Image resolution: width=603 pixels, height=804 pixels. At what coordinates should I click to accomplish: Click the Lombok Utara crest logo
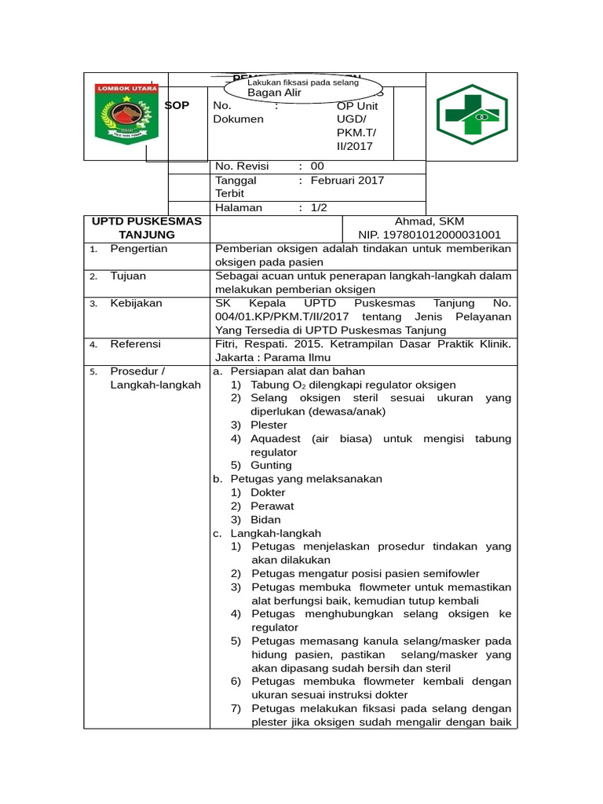click(126, 115)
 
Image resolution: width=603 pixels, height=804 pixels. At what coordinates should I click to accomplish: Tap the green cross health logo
click(472, 115)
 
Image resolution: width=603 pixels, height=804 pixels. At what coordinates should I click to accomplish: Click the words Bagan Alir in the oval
click(274, 93)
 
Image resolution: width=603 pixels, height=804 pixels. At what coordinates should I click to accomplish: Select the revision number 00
click(317, 166)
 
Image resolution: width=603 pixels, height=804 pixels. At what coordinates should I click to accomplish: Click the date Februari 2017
click(347, 181)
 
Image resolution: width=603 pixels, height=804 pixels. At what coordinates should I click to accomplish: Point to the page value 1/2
click(319, 208)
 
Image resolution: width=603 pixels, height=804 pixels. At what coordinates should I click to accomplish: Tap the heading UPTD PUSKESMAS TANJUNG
click(147, 228)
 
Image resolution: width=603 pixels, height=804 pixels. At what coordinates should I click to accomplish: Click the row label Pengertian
click(139, 249)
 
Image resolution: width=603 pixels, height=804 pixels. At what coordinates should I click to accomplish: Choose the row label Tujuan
click(128, 276)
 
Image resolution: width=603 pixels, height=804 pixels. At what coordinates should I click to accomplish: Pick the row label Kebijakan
click(136, 303)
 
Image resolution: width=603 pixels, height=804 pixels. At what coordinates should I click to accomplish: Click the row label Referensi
click(135, 344)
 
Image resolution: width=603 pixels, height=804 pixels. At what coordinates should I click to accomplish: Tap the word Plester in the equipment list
click(269, 425)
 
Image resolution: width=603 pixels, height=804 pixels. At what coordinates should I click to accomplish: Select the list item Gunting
click(271, 466)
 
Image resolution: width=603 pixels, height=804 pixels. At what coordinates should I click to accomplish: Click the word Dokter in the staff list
click(268, 492)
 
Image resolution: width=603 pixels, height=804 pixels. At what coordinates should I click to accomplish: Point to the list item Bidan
click(265, 520)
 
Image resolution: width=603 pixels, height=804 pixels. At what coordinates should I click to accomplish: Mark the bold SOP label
click(177, 106)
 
